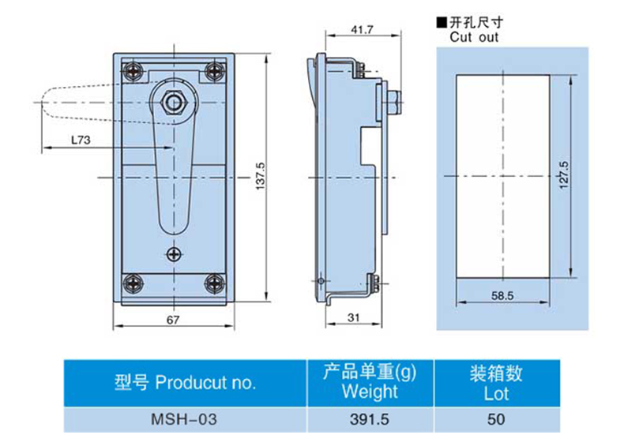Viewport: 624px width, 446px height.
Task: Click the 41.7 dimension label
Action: pyautogui.click(x=362, y=30)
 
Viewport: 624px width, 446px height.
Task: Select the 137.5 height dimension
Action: pyautogui.click(x=261, y=176)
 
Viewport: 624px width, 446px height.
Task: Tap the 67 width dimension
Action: pyautogui.click(x=173, y=320)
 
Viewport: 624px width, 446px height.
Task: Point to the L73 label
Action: pyautogui.click(x=81, y=140)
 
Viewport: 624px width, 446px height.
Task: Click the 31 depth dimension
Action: pyautogui.click(x=353, y=317)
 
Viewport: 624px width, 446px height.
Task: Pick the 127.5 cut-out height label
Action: pyautogui.click(x=564, y=175)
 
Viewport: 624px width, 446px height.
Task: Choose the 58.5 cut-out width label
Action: pyautogui.click(x=502, y=295)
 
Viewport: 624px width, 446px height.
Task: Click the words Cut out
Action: pyautogui.click(x=474, y=37)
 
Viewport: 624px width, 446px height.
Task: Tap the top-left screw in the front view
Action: pyautogui.click(x=133, y=72)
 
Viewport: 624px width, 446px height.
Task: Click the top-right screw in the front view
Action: pyautogui.click(x=215, y=72)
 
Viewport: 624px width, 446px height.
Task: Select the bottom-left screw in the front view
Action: pyautogui.click(x=133, y=283)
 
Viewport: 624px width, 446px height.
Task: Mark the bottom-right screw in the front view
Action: pyautogui.click(x=215, y=283)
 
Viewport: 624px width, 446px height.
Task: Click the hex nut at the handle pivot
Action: pyautogui.click(x=174, y=103)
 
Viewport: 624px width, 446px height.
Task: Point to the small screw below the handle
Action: pyautogui.click(x=174, y=254)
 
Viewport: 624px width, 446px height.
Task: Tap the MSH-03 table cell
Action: pyautogui.click(x=184, y=419)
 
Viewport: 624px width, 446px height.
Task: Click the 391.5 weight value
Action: pyautogui.click(x=370, y=419)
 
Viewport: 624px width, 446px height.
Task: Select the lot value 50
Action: pyautogui.click(x=496, y=419)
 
